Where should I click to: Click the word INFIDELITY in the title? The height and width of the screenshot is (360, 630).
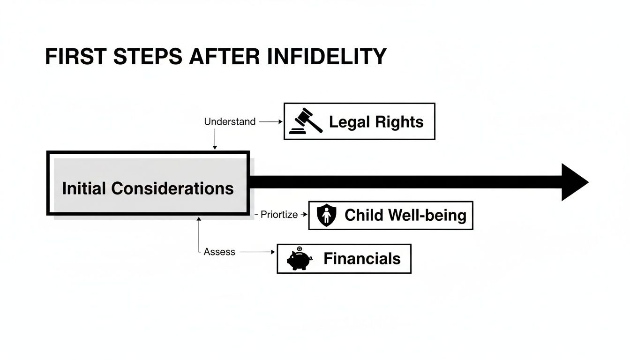click(x=326, y=57)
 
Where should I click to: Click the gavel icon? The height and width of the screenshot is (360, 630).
click(x=306, y=121)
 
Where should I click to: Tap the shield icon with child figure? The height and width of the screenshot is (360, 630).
click(x=326, y=215)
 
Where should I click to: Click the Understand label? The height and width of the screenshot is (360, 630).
click(x=230, y=122)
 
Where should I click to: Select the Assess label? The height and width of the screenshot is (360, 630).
click(x=219, y=252)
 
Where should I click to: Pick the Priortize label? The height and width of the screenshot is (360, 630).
click(x=279, y=215)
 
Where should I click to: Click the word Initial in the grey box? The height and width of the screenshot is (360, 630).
click(x=84, y=188)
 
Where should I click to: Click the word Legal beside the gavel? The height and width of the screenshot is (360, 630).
click(x=349, y=122)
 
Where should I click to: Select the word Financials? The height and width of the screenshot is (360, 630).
click(x=362, y=259)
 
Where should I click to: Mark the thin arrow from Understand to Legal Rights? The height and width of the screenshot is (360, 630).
click(x=270, y=122)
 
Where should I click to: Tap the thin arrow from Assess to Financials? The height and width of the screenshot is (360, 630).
click(x=256, y=252)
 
